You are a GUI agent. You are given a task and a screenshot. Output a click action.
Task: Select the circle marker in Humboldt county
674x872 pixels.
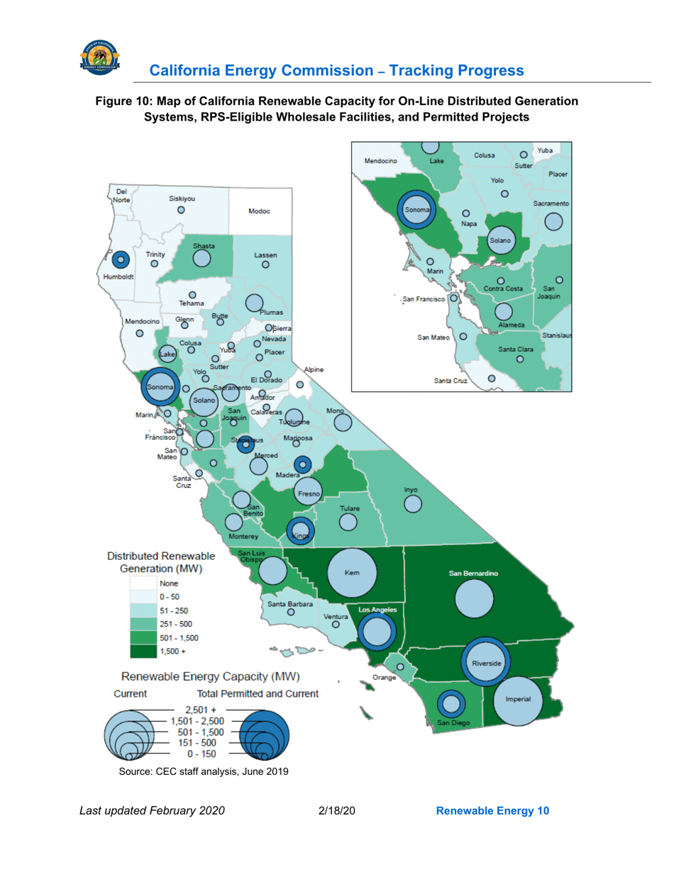pos(121,260)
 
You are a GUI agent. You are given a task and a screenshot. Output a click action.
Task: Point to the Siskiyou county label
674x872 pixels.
pos(182,199)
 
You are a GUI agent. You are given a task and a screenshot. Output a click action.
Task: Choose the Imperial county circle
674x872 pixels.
pos(518,699)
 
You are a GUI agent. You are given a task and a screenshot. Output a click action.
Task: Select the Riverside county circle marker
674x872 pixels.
pos(487,662)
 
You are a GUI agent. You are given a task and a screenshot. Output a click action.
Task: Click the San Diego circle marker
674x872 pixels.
pos(450,705)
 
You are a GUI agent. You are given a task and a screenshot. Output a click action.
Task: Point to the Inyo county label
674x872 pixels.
pos(411,490)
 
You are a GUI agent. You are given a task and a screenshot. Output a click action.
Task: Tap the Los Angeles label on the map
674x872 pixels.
pos(377,610)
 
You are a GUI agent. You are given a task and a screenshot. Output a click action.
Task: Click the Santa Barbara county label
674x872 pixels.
pos(291,603)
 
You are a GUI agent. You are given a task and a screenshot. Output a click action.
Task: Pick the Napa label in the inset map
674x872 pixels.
pos(468,223)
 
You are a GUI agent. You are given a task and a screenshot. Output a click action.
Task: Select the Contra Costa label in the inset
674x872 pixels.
pos(503,289)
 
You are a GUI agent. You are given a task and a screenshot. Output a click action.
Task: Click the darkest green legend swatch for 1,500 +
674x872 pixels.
pos(143,650)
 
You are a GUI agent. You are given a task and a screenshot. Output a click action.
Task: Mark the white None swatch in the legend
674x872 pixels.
pos(143,583)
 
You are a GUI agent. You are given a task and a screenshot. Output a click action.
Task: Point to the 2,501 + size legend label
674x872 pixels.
pos(200,709)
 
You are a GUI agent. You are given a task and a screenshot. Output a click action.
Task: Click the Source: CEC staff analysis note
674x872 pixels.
pos(204,771)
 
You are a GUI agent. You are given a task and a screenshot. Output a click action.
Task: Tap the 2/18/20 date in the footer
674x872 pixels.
pos(337,810)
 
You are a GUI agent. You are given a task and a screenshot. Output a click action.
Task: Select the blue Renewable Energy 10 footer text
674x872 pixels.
pos(492,810)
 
